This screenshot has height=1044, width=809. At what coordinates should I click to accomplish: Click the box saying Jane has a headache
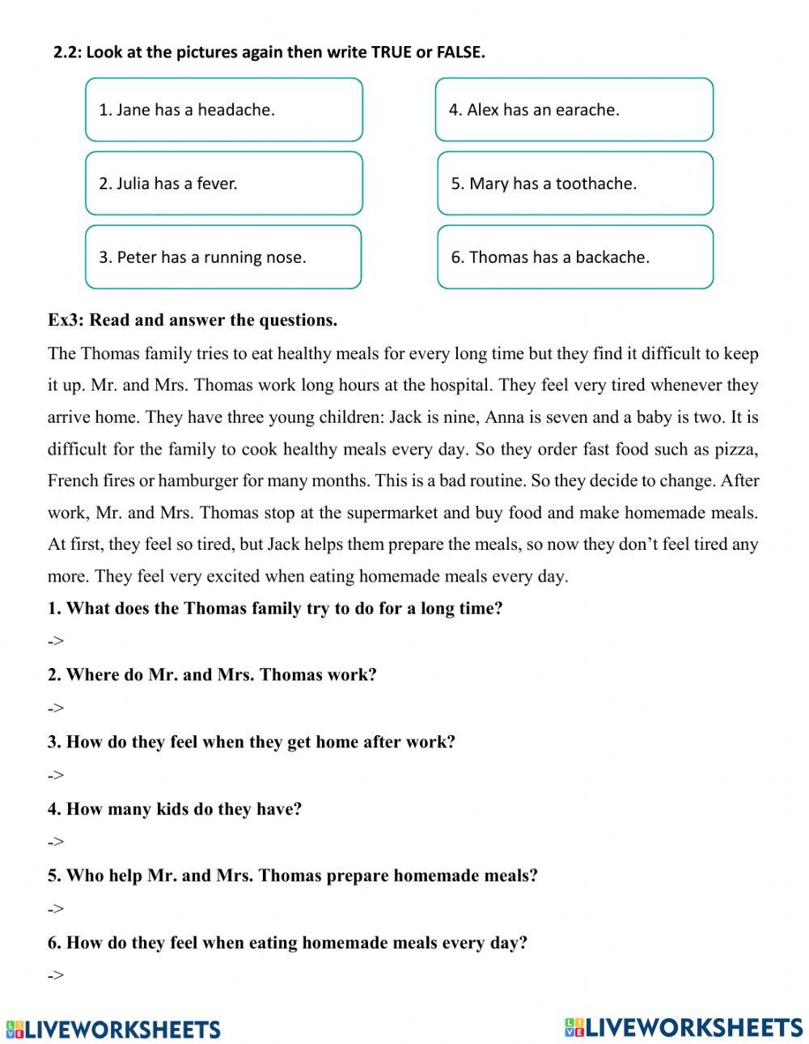pyautogui.click(x=224, y=110)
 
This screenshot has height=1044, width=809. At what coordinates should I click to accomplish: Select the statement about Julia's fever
pyautogui.click(x=224, y=184)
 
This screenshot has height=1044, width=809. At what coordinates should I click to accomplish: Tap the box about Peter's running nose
pyautogui.click(x=223, y=257)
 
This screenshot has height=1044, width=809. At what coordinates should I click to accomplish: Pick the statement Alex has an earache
pyautogui.click(x=574, y=110)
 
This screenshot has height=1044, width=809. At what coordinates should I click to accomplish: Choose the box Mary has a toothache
pyautogui.click(x=575, y=184)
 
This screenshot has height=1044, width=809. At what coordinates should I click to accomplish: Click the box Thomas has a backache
pyautogui.click(x=575, y=257)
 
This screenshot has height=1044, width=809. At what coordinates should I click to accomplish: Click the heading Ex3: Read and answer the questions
pyautogui.click(x=193, y=320)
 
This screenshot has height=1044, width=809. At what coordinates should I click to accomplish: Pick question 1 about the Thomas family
pyautogui.click(x=275, y=608)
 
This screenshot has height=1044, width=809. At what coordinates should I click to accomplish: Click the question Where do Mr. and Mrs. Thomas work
pyautogui.click(x=212, y=674)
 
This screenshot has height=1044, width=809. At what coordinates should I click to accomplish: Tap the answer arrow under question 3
pyautogui.click(x=55, y=775)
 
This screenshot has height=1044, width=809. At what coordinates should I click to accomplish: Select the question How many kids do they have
pyautogui.click(x=175, y=809)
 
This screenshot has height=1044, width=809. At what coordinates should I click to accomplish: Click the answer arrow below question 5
pyautogui.click(x=55, y=909)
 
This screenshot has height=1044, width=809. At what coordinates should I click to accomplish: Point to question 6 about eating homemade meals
pyautogui.click(x=287, y=942)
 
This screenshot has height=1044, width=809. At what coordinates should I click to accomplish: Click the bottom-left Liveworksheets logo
pyautogui.click(x=113, y=1029)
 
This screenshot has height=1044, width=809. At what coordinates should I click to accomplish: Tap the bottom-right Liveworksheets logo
pyautogui.click(x=684, y=1027)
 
